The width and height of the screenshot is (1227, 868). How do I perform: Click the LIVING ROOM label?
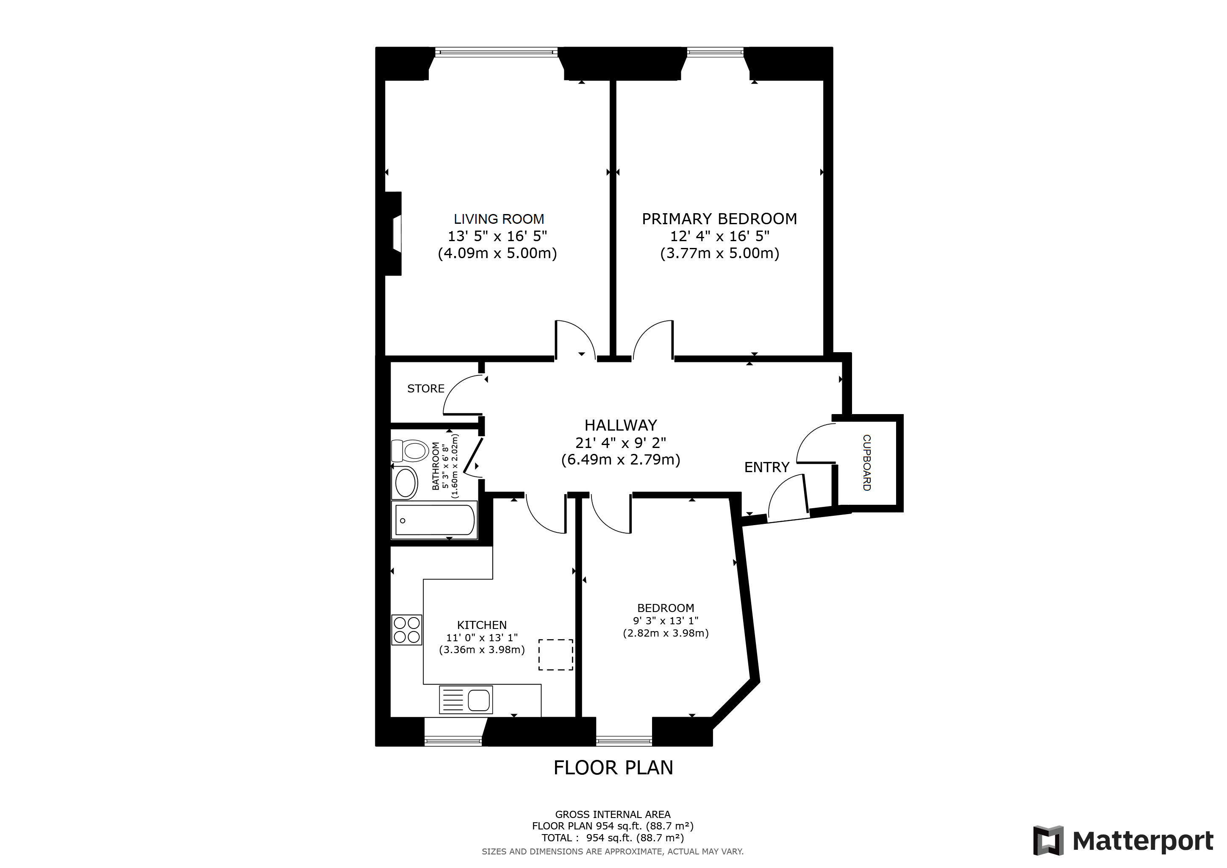[x=499, y=219]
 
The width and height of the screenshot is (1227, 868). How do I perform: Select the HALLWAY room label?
[x=620, y=426]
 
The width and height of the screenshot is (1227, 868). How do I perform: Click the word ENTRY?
[x=766, y=467]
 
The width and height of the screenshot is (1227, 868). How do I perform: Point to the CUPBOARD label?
[x=867, y=462]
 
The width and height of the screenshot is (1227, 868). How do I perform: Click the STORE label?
[x=425, y=389]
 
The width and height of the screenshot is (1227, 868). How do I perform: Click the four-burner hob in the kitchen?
[x=407, y=630]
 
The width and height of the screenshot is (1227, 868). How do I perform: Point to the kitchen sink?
[x=466, y=700]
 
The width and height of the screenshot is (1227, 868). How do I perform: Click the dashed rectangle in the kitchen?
[x=555, y=655]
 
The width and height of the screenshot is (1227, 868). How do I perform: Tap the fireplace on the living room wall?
[x=394, y=234]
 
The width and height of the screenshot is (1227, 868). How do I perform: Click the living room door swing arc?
[x=580, y=334]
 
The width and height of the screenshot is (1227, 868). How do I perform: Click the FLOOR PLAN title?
[x=613, y=768]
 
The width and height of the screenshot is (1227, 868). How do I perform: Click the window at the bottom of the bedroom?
[x=624, y=741]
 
